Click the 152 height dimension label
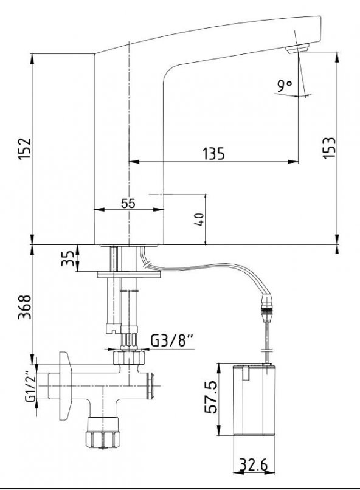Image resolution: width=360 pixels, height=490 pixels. (25, 149)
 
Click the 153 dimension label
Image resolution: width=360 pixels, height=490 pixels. (330, 148)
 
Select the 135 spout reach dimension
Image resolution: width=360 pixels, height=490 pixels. (214, 154)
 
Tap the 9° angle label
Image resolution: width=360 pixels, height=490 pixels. (285, 86)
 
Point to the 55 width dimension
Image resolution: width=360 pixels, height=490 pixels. (128, 203)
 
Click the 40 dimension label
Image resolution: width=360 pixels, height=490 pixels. (199, 219)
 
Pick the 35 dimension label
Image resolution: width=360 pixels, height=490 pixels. (68, 258)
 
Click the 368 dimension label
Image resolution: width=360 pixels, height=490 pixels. (25, 306)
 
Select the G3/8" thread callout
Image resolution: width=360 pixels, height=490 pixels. (172, 340)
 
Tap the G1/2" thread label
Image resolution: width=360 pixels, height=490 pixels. (30, 387)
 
